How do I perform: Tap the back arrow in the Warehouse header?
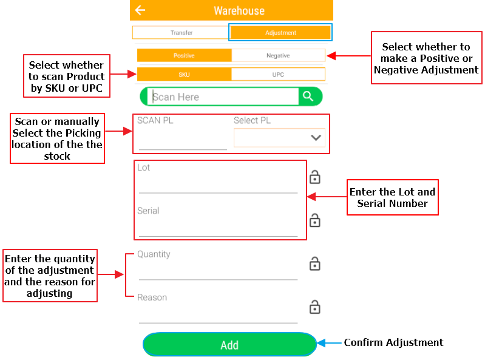[x=141, y=10]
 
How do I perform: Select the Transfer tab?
[x=181, y=32]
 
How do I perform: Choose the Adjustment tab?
[x=280, y=32]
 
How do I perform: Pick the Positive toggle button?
[x=184, y=55]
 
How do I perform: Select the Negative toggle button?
[x=278, y=55]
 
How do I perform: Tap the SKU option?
[x=184, y=75]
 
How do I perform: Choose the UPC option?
[x=278, y=75]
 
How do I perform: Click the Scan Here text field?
[x=223, y=97]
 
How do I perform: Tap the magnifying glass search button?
[x=308, y=97]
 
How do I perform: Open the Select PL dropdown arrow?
[x=316, y=138]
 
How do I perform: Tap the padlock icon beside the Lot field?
[x=315, y=177]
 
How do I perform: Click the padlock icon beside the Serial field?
[x=315, y=220]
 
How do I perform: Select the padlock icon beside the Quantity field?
[x=315, y=263]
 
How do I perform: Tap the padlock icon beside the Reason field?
[x=315, y=307]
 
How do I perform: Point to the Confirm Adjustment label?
[x=393, y=343]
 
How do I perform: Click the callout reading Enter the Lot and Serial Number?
[x=392, y=197]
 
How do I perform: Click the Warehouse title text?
[x=239, y=11]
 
